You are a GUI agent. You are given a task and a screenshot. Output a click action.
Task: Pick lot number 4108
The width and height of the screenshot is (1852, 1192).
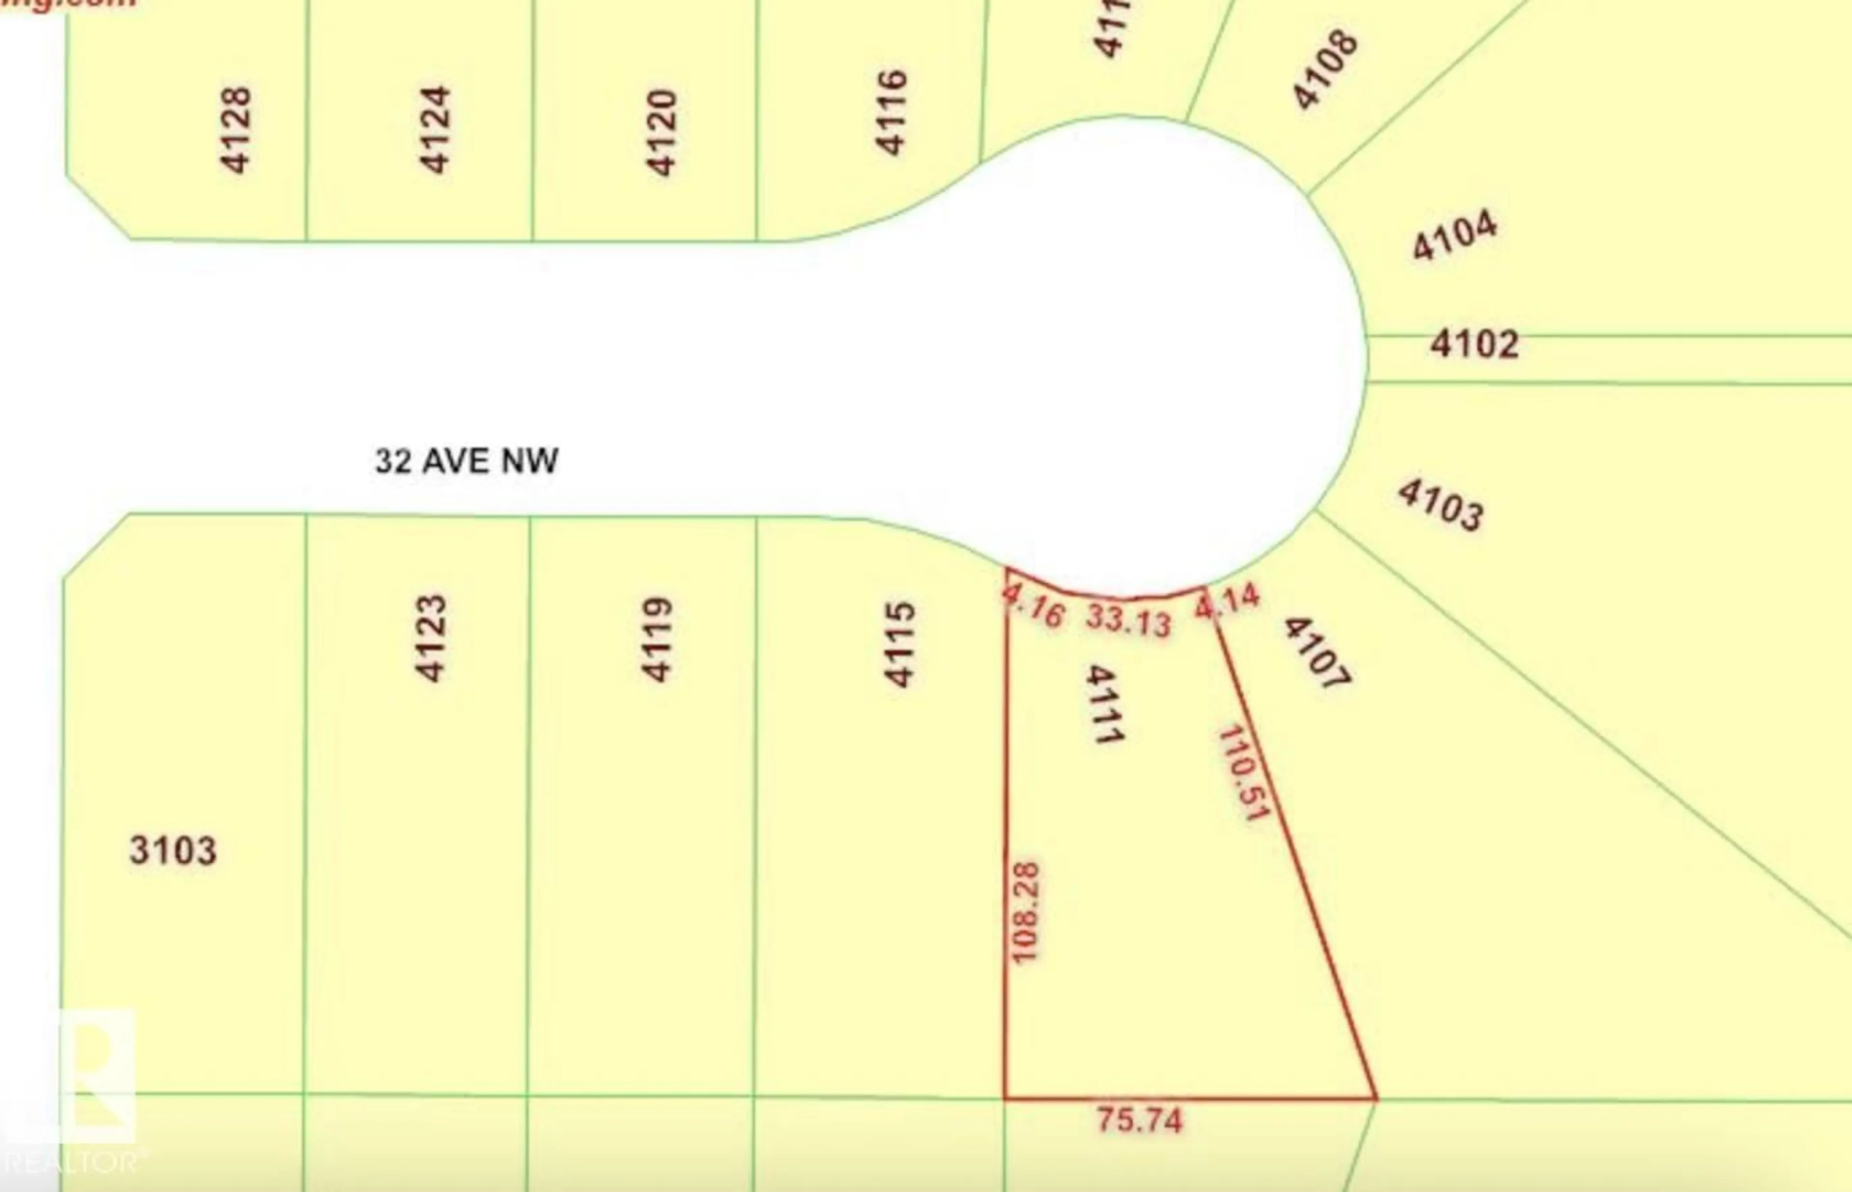click(1324, 69)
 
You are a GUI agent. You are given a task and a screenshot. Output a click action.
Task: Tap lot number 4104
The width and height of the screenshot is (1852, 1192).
click(1454, 235)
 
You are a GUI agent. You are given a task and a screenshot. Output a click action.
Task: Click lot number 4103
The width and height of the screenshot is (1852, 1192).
click(1440, 505)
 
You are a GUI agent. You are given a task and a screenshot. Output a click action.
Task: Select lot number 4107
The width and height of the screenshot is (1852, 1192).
click(1317, 653)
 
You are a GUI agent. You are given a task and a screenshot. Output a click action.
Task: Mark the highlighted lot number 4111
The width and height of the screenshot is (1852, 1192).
click(1103, 704)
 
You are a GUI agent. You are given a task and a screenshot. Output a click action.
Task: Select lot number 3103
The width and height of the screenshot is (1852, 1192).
click(173, 850)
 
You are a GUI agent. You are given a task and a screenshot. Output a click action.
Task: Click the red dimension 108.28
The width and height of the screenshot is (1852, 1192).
click(1025, 913)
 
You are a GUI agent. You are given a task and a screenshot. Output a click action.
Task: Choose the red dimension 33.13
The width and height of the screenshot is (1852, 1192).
click(1128, 620)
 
